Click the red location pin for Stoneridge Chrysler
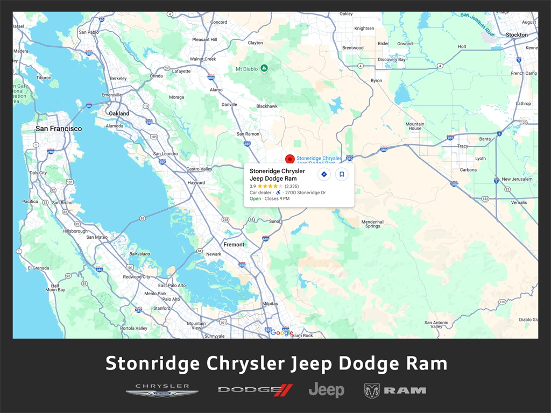[x=289, y=159]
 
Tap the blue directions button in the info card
[x=323, y=174]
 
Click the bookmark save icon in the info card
[x=342, y=174]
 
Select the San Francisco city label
[x=59, y=129]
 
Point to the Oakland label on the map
[x=119, y=113]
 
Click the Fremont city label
[x=234, y=244]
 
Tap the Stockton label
[x=517, y=35]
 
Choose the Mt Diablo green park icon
[x=264, y=68]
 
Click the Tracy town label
[x=462, y=146]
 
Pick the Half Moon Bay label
[x=55, y=288]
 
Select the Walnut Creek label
[x=202, y=59]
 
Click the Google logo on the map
[x=281, y=332]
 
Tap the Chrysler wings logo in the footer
[x=161, y=390]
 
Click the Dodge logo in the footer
[x=255, y=390]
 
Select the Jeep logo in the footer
[x=326, y=390]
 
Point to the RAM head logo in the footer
[x=372, y=390]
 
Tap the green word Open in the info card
[x=255, y=199]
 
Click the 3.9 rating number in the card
[x=253, y=186]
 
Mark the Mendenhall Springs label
[x=373, y=224]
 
